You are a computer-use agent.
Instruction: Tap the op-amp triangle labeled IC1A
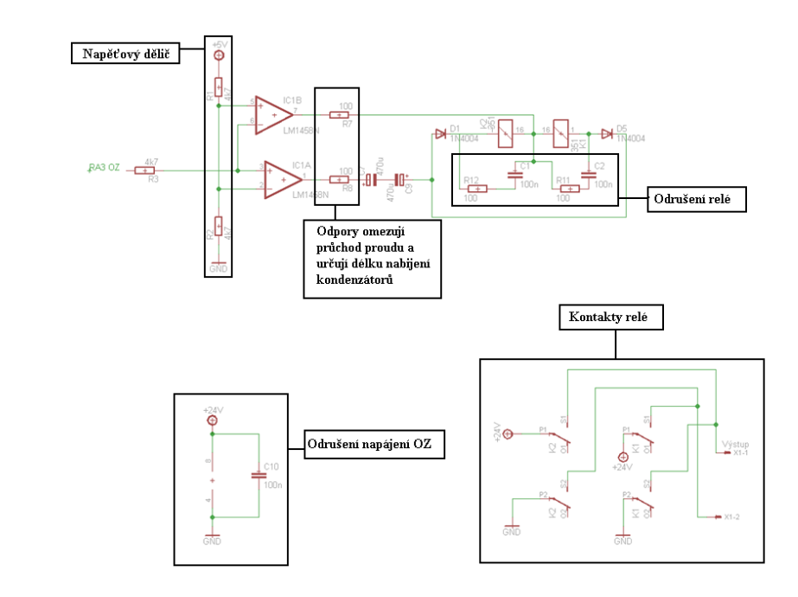coord(283,178)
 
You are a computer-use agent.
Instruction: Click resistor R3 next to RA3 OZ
coord(145,170)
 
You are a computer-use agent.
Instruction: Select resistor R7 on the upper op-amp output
coord(340,114)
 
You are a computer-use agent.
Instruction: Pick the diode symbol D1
coord(441,134)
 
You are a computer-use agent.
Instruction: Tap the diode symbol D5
coord(607,134)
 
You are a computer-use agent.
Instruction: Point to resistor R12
coord(476,188)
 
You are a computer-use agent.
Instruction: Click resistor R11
coord(567,188)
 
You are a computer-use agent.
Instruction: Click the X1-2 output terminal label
coord(731,517)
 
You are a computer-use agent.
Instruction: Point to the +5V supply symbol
coord(218,54)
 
